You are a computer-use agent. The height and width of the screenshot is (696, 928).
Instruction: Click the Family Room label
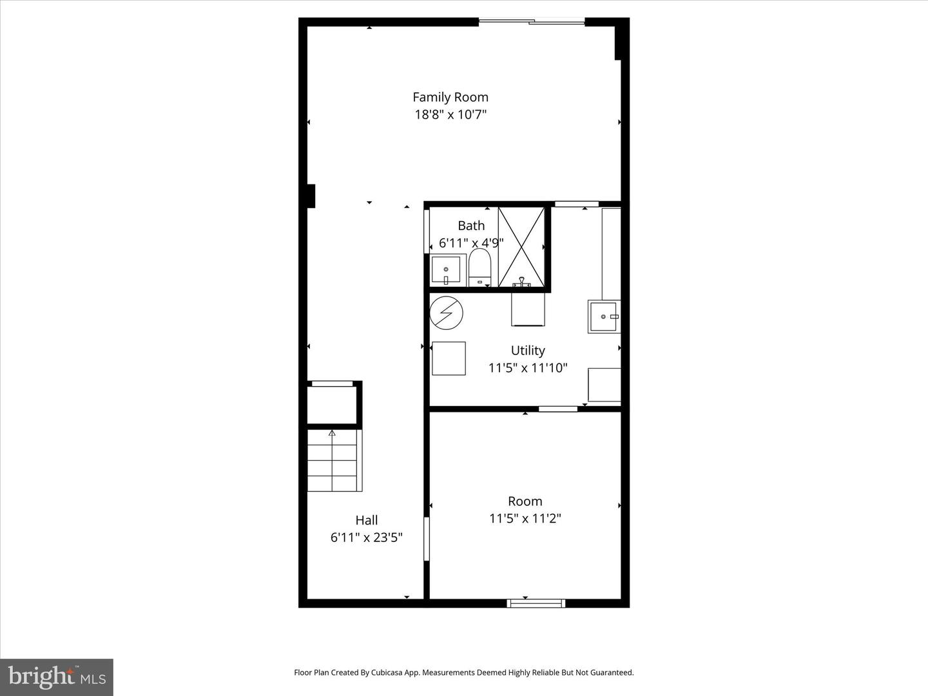pos(450,97)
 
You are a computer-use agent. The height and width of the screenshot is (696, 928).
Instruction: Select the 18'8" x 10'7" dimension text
pos(450,115)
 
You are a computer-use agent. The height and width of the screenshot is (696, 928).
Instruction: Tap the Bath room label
pos(471,226)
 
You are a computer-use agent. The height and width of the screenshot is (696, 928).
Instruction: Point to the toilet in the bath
pos(479,267)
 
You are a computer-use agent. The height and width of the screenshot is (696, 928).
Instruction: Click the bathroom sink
pos(446,269)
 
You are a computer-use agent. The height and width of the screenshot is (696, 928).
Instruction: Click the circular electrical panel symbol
pos(446,313)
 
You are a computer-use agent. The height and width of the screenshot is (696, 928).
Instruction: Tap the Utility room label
pos(528,351)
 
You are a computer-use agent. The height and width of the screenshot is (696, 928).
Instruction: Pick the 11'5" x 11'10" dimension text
pos(528,368)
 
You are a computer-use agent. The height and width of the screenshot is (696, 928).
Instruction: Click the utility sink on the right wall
pos(604,316)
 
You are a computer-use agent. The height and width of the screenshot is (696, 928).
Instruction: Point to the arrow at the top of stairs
pos(332,433)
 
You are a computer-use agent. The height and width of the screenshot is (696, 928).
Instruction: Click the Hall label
pos(367,520)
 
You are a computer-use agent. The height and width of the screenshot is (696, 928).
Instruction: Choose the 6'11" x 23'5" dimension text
pos(367,537)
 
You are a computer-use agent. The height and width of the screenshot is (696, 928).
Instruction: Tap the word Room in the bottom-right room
pos(525,501)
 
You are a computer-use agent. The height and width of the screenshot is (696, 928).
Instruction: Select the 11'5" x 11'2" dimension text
pos(525,518)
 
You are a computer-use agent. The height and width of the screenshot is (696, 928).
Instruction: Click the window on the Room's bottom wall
pos(536,603)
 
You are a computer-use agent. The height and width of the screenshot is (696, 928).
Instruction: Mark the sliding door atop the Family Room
pos(532,22)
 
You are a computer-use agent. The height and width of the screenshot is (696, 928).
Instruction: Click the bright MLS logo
pos(57,677)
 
